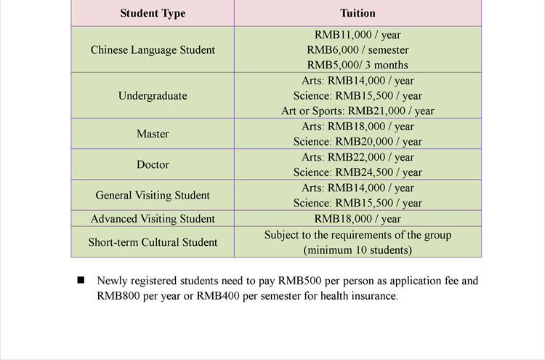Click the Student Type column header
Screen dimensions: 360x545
[153, 13]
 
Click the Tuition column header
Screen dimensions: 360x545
[358, 13]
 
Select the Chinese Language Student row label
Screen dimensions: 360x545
[153, 50]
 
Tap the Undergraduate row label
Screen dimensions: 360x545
[153, 96]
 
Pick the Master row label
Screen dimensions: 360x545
[153, 134]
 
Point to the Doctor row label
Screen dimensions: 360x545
[153, 164]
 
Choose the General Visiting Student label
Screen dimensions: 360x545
[153, 195]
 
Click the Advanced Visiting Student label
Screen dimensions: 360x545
[153, 219]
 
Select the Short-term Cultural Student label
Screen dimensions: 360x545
[153, 242]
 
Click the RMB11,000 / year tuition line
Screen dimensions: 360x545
[358, 35]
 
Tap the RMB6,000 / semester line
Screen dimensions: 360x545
[358, 50]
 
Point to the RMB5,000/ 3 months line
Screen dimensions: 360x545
[358, 65]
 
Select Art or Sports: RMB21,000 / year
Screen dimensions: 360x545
[358, 111]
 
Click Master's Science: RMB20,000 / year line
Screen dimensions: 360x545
[358, 142]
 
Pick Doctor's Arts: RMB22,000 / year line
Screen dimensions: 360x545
[358, 157]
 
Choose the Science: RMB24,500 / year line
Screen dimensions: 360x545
[358, 172]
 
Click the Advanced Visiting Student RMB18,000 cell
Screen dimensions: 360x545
[358, 219]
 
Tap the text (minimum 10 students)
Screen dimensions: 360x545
[358, 250]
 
